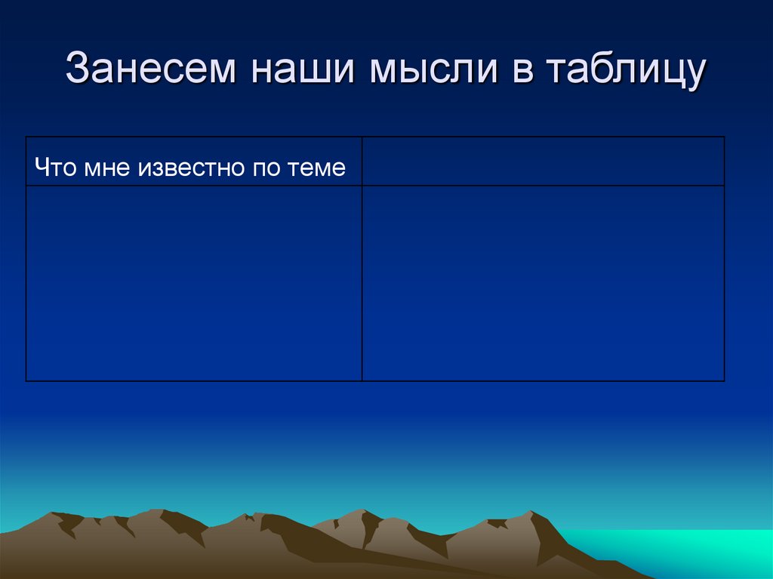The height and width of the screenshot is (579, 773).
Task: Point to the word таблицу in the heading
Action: pos(626,71)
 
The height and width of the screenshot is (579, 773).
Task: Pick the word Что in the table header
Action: pos(54,168)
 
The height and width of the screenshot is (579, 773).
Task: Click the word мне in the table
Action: pos(108,168)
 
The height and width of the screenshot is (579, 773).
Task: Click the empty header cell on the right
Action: pos(543,161)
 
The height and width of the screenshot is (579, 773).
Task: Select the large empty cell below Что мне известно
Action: pos(194,283)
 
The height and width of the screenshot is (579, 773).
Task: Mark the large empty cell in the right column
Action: pos(543,283)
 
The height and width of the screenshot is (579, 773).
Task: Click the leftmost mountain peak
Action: pos(56,516)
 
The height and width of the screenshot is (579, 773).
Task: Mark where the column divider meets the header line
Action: pos(362,186)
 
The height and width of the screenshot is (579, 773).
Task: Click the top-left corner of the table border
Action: pos(26,137)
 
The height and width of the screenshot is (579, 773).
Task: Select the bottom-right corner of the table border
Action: pos(725,380)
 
